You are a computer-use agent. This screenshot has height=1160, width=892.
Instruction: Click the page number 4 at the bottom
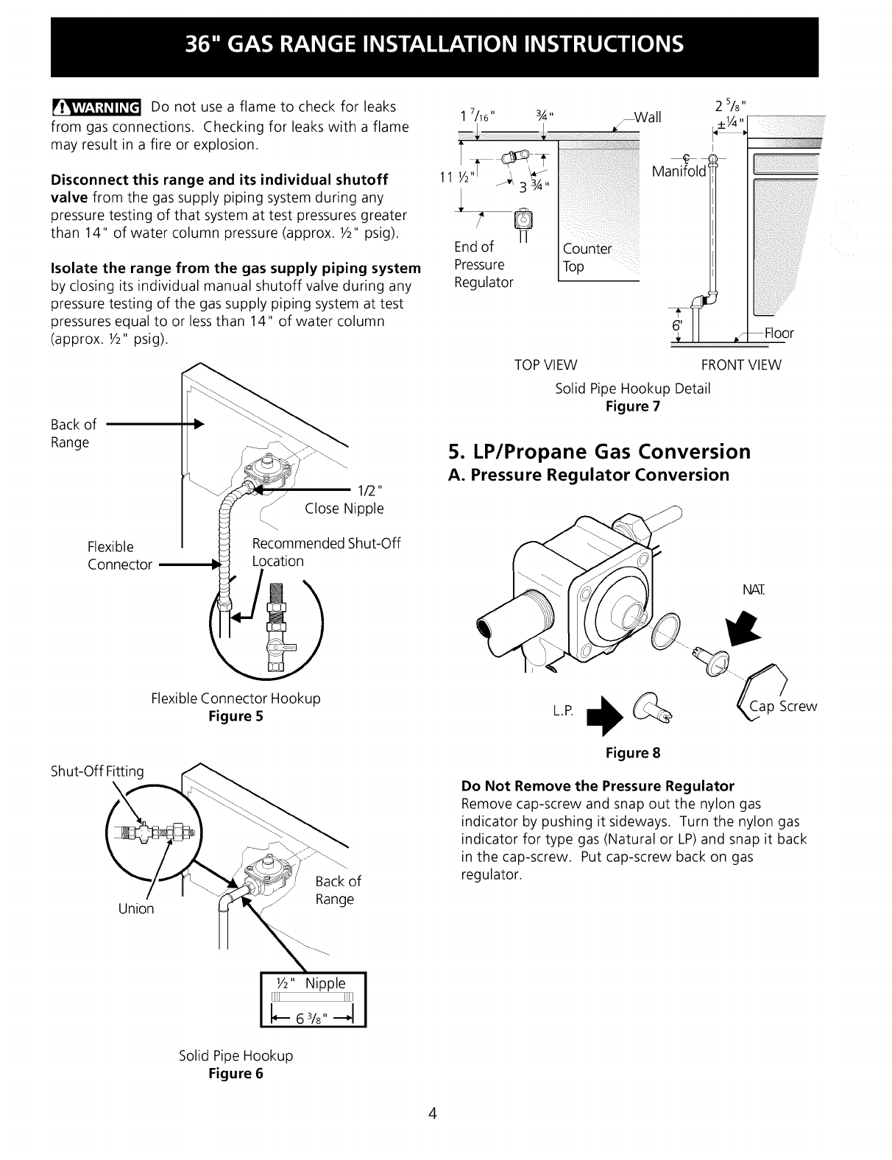pos(433,1113)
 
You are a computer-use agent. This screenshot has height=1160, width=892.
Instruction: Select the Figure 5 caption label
pos(236,716)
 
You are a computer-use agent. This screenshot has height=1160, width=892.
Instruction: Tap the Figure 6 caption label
pos(236,1073)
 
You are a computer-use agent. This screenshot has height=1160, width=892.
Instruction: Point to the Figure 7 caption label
pos(632,406)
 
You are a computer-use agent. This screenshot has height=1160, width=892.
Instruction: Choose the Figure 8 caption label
pos(632,753)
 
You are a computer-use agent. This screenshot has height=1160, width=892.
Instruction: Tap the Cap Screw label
pos(782,707)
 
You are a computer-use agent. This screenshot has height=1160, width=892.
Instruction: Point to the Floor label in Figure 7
pos(779,333)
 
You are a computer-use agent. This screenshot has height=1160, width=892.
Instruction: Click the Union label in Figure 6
pos(136,908)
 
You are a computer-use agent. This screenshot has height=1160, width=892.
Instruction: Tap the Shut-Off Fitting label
pos(96,771)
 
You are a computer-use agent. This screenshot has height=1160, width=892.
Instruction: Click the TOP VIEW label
pos(545,365)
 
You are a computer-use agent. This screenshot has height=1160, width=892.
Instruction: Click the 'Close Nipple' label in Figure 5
pos(344,509)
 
